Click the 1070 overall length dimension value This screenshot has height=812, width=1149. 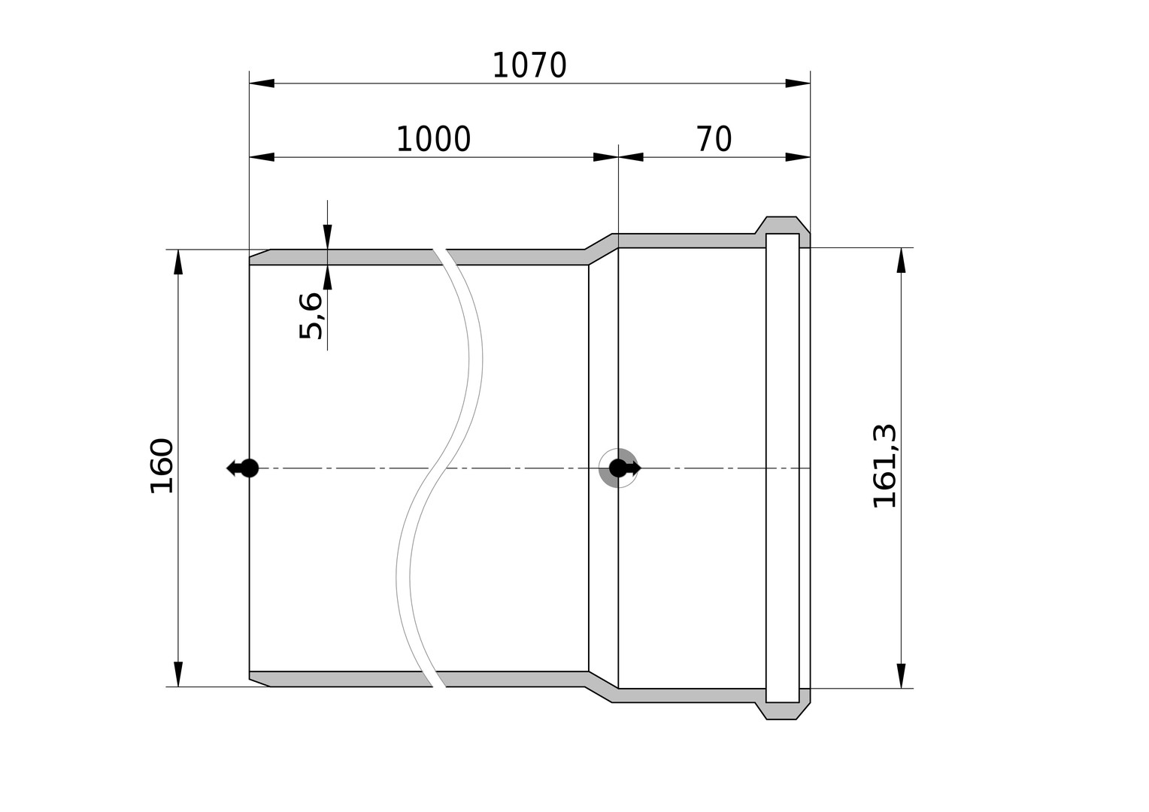pos(529,65)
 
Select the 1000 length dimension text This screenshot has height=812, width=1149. pos(433,139)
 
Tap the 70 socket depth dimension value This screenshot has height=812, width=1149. pos(714,139)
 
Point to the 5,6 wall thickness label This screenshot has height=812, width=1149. pos(311,316)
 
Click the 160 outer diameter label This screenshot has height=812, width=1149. pos(162,466)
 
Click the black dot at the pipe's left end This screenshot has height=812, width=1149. pos(250,468)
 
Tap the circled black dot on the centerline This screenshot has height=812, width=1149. pos(618,468)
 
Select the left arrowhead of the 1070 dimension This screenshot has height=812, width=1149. pos(262,83)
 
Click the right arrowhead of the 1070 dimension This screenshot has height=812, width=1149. pos(798,83)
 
